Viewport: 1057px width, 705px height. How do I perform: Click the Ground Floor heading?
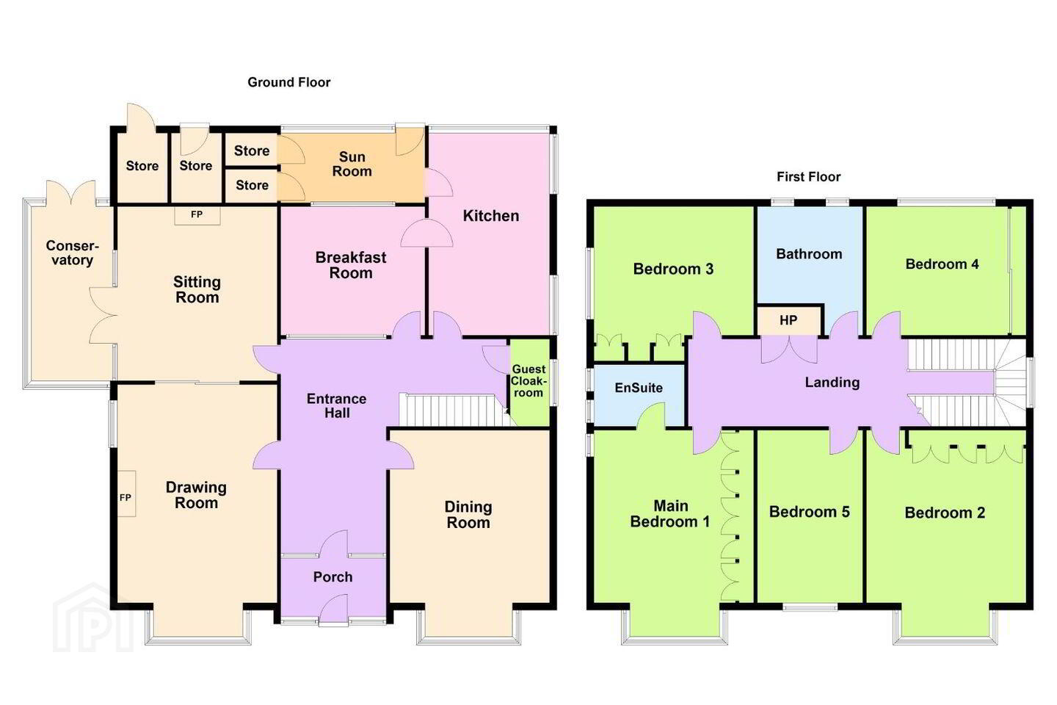pos(288,83)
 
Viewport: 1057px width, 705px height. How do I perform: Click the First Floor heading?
pos(809,177)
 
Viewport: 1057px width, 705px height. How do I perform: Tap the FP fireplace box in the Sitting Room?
pos(197,215)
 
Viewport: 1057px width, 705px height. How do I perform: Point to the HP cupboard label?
pos(788,321)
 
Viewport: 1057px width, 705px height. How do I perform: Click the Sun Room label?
pos(352,164)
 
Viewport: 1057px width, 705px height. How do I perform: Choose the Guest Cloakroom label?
pos(529,380)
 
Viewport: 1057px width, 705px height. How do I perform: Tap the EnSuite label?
pos(639,388)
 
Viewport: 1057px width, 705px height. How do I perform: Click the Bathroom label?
pos(809,254)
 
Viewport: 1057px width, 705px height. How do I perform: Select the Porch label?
pos(333,577)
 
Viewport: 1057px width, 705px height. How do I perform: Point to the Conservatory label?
pos(72,253)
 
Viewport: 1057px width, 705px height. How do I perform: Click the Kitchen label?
pos(491,216)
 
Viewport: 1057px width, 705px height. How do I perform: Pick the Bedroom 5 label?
pos(809,512)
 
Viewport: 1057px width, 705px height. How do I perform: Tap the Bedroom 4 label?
pos(942,264)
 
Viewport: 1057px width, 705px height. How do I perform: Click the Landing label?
pos(832,382)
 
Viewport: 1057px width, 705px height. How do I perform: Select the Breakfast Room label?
pos(351,265)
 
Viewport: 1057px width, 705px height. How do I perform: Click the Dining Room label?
pos(468,515)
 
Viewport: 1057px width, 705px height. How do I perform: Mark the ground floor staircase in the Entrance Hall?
pos(452,410)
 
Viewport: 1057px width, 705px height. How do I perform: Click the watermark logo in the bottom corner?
pos(93,618)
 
